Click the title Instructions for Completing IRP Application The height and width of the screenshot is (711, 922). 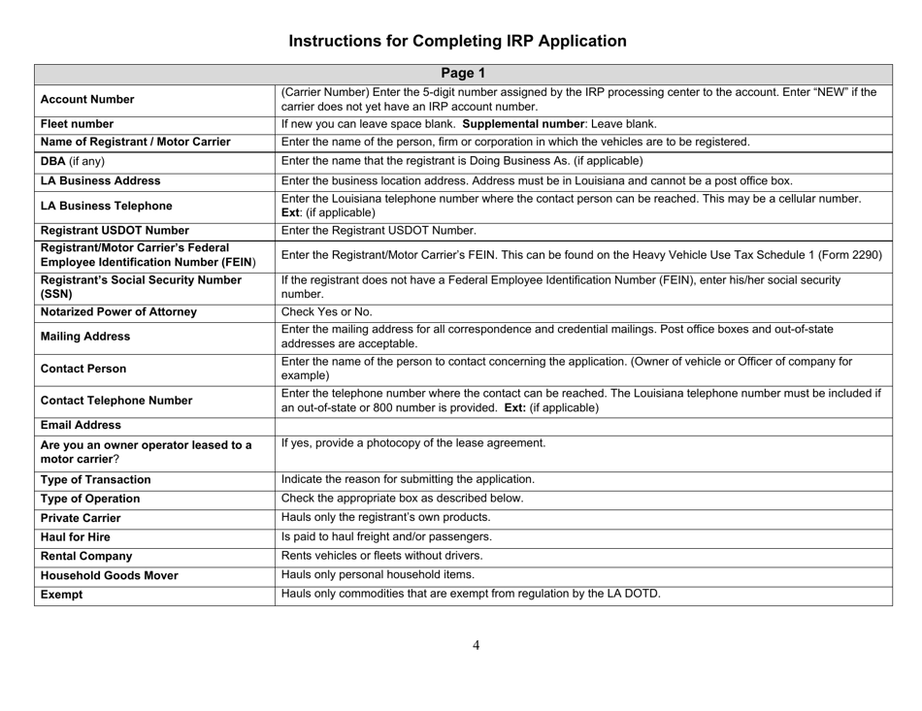461,41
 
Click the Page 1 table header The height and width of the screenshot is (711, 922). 461,71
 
